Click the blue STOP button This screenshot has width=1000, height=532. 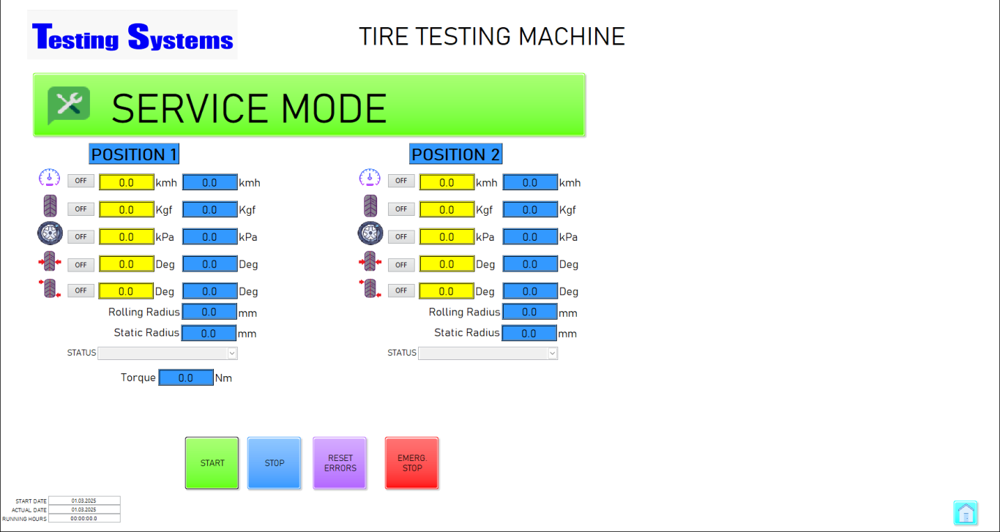[x=274, y=462]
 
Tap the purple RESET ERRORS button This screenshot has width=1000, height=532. [x=340, y=462]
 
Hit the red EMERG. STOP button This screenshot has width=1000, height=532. [x=411, y=462]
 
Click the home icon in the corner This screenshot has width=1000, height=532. [x=966, y=513]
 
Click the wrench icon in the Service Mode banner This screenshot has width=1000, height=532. [x=69, y=105]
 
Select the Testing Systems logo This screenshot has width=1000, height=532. [x=133, y=35]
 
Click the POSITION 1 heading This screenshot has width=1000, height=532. [x=134, y=154]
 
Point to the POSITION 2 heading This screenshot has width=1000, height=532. [x=456, y=154]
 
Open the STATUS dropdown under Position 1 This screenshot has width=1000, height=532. [x=168, y=353]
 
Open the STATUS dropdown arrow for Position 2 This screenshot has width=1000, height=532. [x=552, y=353]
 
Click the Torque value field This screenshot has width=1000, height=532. [x=186, y=378]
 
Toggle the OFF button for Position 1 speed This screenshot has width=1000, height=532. [x=81, y=181]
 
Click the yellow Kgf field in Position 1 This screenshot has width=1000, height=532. [x=127, y=209]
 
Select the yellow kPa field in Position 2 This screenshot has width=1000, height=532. [x=447, y=236]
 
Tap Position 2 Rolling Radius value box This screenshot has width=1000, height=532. [x=529, y=312]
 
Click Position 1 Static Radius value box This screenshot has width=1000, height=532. [x=209, y=333]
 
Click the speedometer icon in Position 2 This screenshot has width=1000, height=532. [x=370, y=178]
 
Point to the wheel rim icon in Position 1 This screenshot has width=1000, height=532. [x=50, y=233]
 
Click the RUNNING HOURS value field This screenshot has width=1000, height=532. [x=84, y=518]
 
